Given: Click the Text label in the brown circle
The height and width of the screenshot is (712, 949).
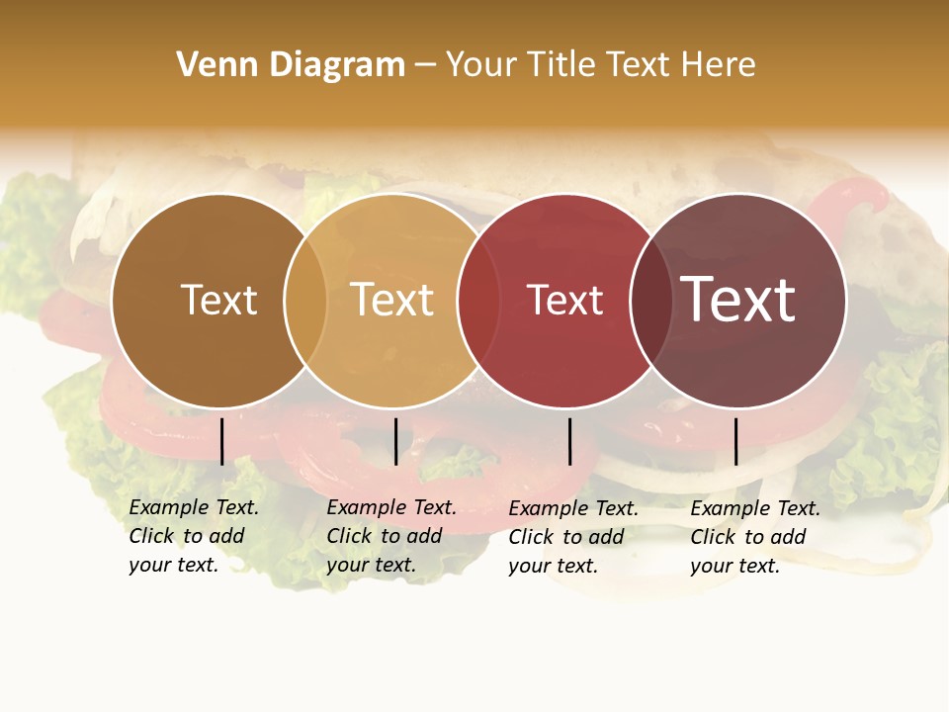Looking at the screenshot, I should click(218, 300).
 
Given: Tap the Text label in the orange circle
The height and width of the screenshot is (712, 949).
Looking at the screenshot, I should click(392, 300).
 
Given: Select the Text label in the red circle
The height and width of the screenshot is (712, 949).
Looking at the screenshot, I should click(564, 301).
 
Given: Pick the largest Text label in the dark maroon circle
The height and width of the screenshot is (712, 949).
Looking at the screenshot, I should click(737, 299).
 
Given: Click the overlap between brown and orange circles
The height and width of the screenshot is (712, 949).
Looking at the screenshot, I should click(305, 301).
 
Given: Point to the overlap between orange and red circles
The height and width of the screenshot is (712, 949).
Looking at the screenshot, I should click(478, 301).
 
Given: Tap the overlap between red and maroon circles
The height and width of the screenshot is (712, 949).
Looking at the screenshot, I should click(650, 301).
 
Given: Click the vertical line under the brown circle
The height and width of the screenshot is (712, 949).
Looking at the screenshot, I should click(222, 441).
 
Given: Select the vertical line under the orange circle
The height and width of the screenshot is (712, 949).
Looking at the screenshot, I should click(395, 441).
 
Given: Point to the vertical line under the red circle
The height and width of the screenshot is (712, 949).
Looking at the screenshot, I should click(569, 441).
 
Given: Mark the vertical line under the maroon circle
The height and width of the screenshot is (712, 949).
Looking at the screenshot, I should click(735, 441).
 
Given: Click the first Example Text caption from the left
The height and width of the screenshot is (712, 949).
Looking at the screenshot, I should click(193, 536).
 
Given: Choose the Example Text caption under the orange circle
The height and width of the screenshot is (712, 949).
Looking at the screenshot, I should click(390, 536).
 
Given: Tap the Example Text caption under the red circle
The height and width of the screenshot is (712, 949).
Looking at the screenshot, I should click(572, 537).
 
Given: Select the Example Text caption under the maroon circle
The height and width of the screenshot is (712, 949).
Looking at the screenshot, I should click(754, 537).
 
